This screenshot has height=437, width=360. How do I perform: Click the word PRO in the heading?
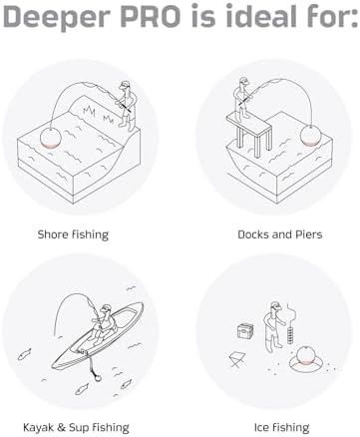tap(159, 16)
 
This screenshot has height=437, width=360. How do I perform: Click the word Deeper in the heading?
tap(57, 17)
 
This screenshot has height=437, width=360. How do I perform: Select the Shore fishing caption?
tap(73, 234)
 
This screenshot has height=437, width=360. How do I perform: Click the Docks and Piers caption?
tap(280, 234)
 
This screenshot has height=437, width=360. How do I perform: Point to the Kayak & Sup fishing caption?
tap(76, 427)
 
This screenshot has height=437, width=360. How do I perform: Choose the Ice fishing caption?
tap(281, 427)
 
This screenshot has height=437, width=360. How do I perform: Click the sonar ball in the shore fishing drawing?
tap(51, 138)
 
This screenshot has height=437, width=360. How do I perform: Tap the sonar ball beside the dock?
tap(311, 136)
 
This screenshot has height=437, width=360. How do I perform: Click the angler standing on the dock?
tap(241, 99)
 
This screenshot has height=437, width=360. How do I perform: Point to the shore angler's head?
tap(125, 86)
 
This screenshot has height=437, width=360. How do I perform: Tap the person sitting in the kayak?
tap(103, 323)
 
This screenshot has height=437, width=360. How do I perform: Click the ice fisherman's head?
tap(274, 306)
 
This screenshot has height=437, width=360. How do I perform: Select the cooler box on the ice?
tap(245, 331)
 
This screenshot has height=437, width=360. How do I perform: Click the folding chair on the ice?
tap(236, 360)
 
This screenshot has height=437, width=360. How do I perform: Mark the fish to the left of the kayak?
tap(24, 354)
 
